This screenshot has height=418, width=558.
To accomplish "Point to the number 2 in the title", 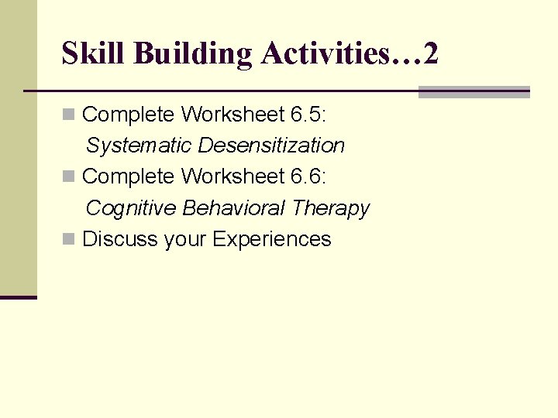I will (x=432, y=53).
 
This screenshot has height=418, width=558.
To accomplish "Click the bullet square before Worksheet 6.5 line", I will (x=68, y=115).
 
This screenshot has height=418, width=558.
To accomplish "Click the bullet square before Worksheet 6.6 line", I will (x=68, y=177).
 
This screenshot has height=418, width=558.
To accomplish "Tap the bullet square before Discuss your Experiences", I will (x=68, y=239).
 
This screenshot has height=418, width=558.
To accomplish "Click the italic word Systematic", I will (x=139, y=146).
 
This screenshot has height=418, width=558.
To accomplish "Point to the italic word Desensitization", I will (x=271, y=146).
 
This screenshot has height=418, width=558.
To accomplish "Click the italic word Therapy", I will (x=331, y=208).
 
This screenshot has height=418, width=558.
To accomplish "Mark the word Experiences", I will (x=271, y=239).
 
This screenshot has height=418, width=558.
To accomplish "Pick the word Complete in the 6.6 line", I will (x=129, y=176).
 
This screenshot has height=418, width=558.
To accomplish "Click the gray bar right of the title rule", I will (x=474, y=92).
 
